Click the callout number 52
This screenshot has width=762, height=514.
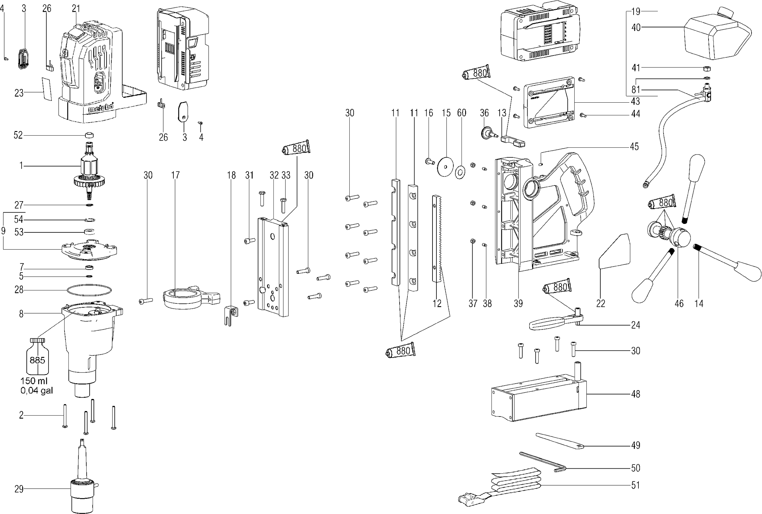point(18,135)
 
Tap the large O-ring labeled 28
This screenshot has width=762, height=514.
point(89,290)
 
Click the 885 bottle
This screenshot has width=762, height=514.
point(37,356)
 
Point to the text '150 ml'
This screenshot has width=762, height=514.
point(34,381)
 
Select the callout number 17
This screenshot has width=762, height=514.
point(175,175)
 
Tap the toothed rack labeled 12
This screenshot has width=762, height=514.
point(437,239)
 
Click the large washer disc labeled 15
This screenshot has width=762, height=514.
point(446,167)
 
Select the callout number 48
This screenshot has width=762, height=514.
point(636,394)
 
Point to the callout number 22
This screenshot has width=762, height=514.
point(600,303)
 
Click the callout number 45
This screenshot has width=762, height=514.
point(634,147)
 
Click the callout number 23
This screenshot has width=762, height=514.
point(19,93)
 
